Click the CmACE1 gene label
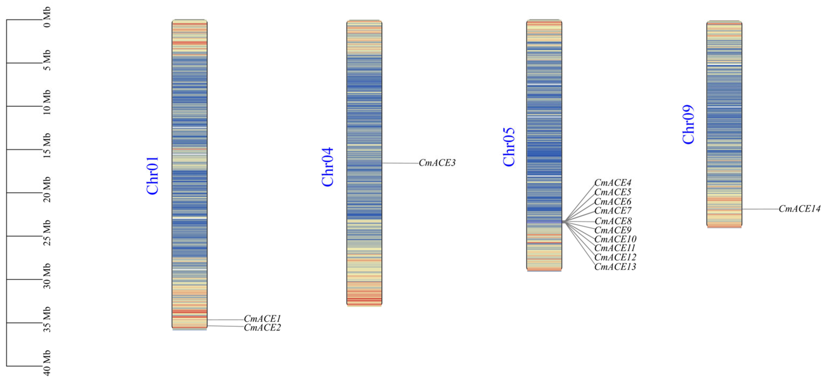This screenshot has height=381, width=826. (x=262, y=319)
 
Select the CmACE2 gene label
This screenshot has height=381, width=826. (x=262, y=327)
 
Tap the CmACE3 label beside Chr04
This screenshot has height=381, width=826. (x=437, y=163)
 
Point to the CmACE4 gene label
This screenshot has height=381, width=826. (x=613, y=183)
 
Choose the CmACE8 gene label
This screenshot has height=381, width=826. (x=613, y=221)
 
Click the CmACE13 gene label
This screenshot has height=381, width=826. (x=615, y=267)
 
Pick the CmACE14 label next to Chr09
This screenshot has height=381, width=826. (x=800, y=209)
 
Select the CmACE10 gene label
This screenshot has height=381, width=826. (x=615, y=239)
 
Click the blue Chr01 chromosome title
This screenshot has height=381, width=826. (x=152, y=176)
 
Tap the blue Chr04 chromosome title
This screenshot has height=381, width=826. (x=327, y=167)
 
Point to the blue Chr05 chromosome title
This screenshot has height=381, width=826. (x=509, y=147)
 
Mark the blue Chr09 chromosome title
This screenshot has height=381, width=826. (x=688, y=124)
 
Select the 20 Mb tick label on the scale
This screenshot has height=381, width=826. (x=47, y=189)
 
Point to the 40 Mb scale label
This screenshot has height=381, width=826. (x=47, y=363)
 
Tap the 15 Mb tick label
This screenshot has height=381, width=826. (x=47, y=146)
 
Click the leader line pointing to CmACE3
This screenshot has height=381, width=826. (x=401, y=163)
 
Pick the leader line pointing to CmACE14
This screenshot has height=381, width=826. (x=760, y=209)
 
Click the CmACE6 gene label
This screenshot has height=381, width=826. (x=613, y=202)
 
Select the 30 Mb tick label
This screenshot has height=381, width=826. (x=47, y=276)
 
